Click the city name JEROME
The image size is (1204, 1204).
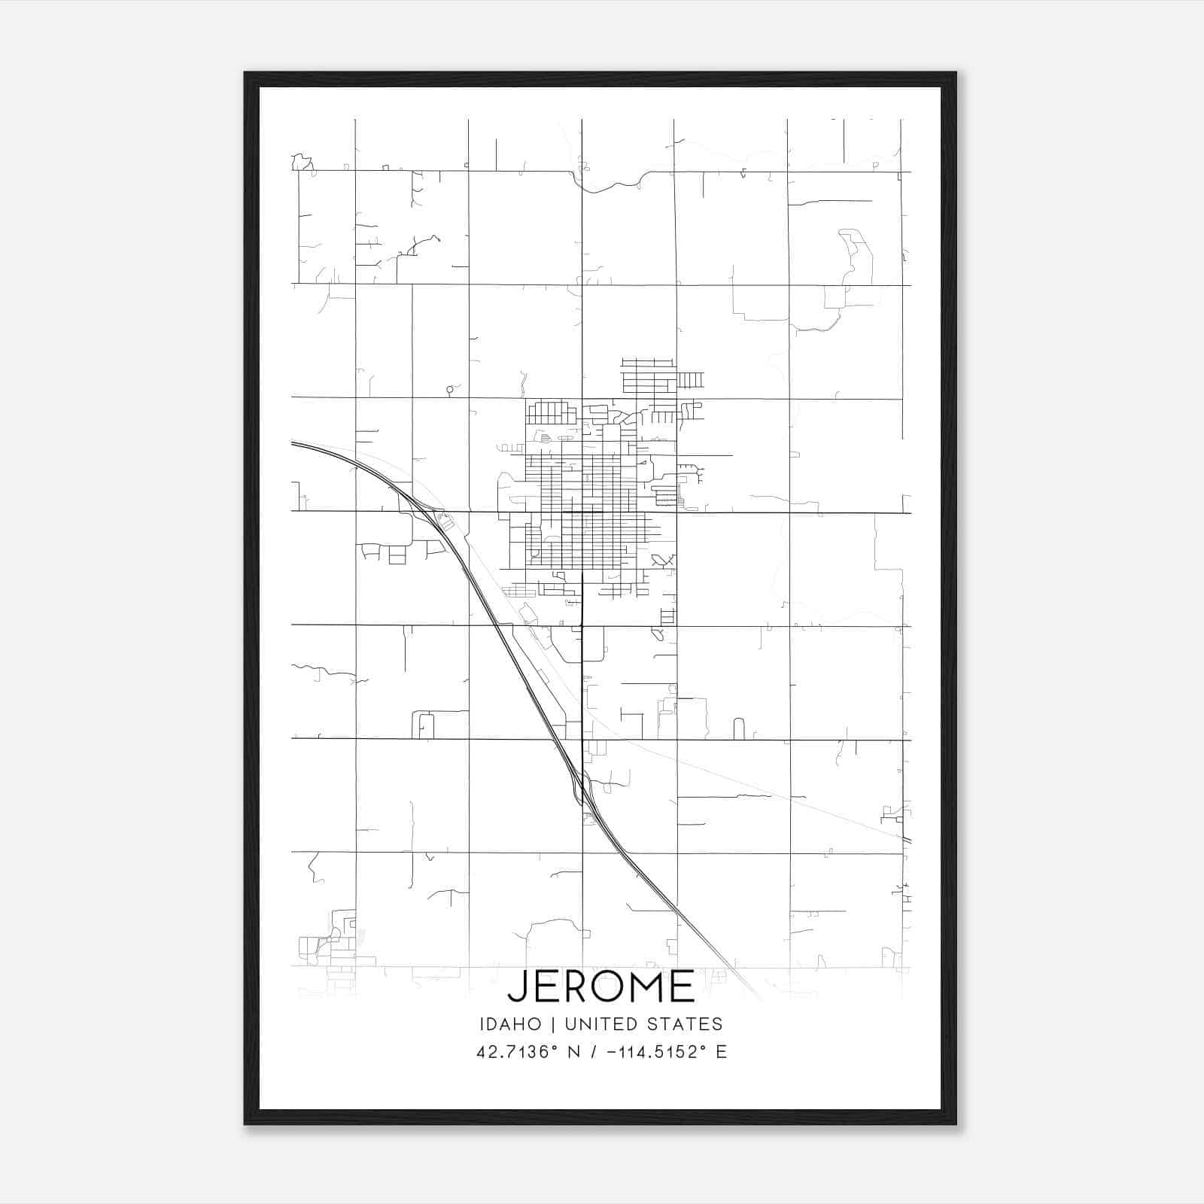[601, 987]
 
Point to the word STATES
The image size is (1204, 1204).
[686, 1024]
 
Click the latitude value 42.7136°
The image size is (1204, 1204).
[516, 1052]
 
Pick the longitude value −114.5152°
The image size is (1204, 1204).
[652, 1052]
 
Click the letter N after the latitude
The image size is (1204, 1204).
[573, 1052]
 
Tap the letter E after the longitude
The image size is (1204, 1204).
[722, 1052]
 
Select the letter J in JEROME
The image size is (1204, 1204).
[518, 987]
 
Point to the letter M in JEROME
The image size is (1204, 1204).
[647, 987]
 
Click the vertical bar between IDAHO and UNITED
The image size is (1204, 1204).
[553, 1024]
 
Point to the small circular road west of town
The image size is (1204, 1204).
[450, 390]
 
